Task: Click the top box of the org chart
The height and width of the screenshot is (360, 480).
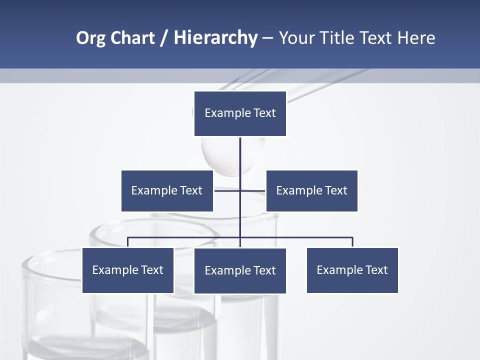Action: pyautogui.click(x=240, y=113)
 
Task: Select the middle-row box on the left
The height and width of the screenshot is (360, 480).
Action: pyautogui.click(x=167, y=190)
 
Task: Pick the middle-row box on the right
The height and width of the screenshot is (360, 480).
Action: pyautogui.click(x=311, y=190)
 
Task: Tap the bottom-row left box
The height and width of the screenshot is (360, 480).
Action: pyautogui.click(x=127, y=270)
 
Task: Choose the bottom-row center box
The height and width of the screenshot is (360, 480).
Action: pyautogui.click(x=240, y=270)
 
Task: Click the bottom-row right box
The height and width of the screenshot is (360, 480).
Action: pyautogui.click(x=352, y=270)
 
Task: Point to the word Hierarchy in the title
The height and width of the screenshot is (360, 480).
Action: pyautogui.click(x=215, y=38)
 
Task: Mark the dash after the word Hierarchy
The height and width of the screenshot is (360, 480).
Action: pyautogui.click(x=267, y=38)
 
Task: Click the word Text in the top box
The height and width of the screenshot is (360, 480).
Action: pyautogui.click(x=264, y=113)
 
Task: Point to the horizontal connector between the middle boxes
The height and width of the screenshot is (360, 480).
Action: pyautogui.click(x=227, y=190)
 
